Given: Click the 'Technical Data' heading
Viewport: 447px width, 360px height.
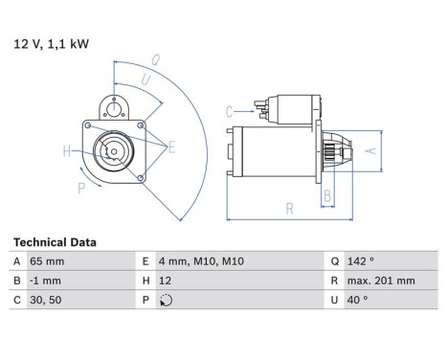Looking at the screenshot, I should click(55, 243).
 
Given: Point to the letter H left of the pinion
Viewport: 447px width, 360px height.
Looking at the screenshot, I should click(66, 150).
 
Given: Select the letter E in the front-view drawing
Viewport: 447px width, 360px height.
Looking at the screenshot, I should click(171, 146).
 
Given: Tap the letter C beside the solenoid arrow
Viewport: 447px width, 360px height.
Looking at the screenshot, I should click(230, 111).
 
